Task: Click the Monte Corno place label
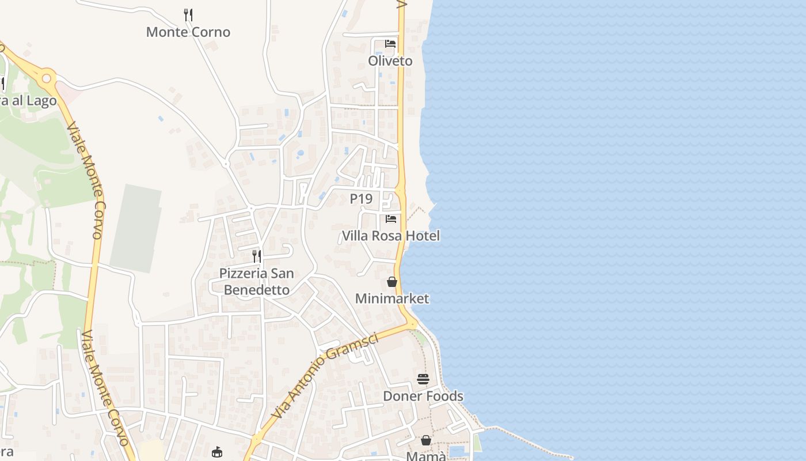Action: tap(188, 32)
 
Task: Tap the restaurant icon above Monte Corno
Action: tap(188, 14)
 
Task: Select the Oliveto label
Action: tap(390, 61)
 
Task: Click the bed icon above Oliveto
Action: tap(390, 44)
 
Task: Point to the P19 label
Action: tap(361, 199)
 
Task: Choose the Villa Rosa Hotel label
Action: tap(391, 236)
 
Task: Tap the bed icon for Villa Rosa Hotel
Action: tap(391, 219)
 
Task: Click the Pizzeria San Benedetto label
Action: tap(257, 281)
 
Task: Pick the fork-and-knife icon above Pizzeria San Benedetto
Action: tap(257, 256)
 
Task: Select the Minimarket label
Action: tap(392, 298)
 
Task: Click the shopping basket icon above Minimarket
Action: tap(392, 282)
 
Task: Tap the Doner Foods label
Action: tap(423, 396)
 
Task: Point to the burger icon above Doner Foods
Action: tap(423, 379)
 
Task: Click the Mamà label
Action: tap(426, 456)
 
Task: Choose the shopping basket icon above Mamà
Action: tap(426, 440)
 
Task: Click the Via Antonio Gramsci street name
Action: tap(325, 375)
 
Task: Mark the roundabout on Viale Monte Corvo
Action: tap(46, 78)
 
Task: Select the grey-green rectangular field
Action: tap(136, 228)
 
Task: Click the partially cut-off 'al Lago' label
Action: tap(29, 101)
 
